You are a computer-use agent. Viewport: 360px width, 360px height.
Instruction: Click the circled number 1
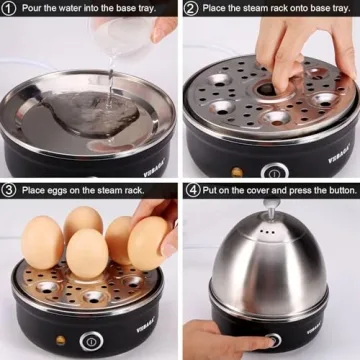pyautogui.click(x=9, y=9)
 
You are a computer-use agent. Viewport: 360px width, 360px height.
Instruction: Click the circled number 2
pyautogui.click(x=191, y=9)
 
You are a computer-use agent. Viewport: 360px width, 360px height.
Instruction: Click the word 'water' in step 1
pyautogui.click(x=76, y=9)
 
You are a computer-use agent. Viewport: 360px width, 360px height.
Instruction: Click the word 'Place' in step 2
pyautogui.click(x=220, y=9)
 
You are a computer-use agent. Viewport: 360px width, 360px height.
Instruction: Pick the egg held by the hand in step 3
pyautogui.click(x=148, y=243)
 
